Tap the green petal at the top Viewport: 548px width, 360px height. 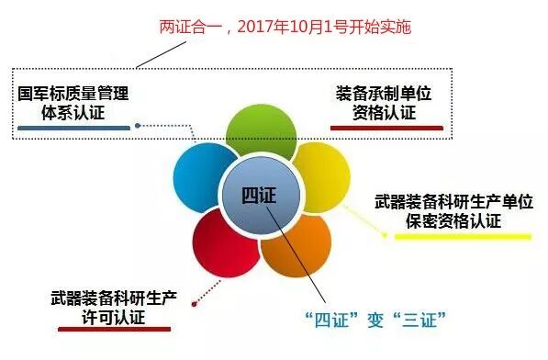pyautogui.click(x=260, y=129)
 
